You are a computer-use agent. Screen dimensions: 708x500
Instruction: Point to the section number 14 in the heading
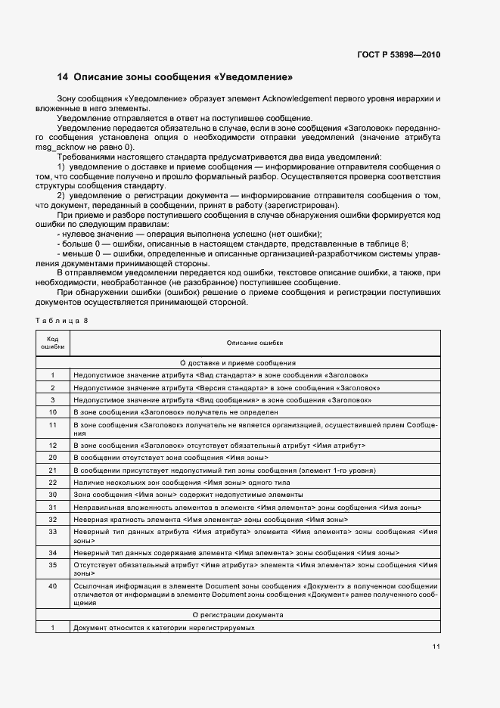(63, 77)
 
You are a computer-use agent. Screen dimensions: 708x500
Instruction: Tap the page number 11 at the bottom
(436, 646)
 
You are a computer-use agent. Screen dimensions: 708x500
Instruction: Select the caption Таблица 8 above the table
(62, 321)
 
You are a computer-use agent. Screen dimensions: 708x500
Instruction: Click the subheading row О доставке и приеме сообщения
(238, 362)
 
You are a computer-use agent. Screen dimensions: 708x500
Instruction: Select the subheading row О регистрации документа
(238, 616)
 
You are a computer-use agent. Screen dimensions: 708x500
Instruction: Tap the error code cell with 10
(53, 412)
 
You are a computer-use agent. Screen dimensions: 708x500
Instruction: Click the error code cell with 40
(53, 586)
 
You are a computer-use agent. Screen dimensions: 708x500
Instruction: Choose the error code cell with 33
(53, 533)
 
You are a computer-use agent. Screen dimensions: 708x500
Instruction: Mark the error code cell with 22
(53, 482)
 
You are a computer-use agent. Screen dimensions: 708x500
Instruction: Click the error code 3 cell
(53, 399)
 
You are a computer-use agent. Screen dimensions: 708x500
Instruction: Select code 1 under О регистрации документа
(53, 628)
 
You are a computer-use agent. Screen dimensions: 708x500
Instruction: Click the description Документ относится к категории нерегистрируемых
(163, 628)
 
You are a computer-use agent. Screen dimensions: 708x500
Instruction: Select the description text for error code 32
(210, 520)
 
